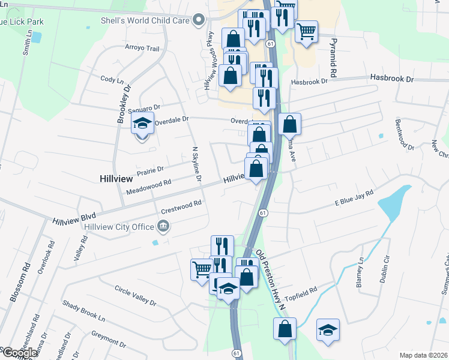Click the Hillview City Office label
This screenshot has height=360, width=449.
(119, 226)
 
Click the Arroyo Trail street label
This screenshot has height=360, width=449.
(142, 48)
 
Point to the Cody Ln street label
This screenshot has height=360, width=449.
(112, 79)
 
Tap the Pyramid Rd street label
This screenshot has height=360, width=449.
(331, 55)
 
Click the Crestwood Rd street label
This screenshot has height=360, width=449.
(181, 208)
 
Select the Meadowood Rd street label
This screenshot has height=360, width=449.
(149, 188)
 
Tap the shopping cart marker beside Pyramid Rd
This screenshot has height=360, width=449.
(307, 31)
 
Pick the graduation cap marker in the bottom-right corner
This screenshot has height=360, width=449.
(328, 331)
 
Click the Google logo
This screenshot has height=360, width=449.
(19, 352)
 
